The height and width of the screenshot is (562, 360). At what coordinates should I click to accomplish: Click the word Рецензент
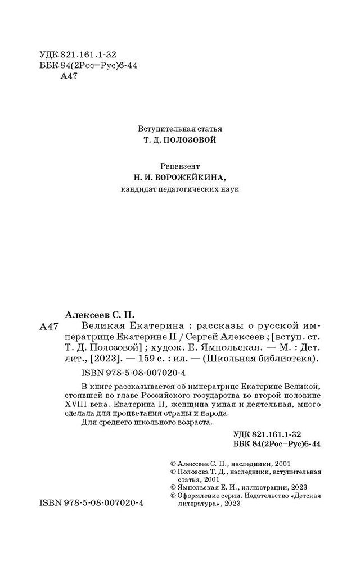[179, 166]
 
